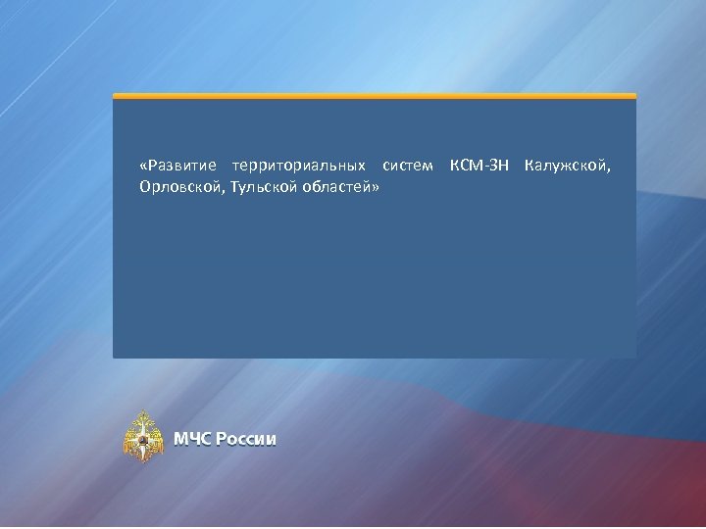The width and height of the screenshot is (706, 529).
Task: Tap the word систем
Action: tap(408, 165)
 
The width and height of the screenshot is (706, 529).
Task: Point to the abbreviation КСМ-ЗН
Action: tap(479, 165)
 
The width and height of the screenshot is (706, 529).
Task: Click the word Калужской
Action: tap(566, 165)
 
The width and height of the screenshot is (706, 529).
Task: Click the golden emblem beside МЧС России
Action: tap(143, 437)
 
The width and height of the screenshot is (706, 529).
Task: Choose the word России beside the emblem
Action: tap(246, 439)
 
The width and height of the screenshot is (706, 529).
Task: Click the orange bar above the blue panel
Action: tap(375, 96)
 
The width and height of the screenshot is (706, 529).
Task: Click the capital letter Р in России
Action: tap(222, 439)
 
